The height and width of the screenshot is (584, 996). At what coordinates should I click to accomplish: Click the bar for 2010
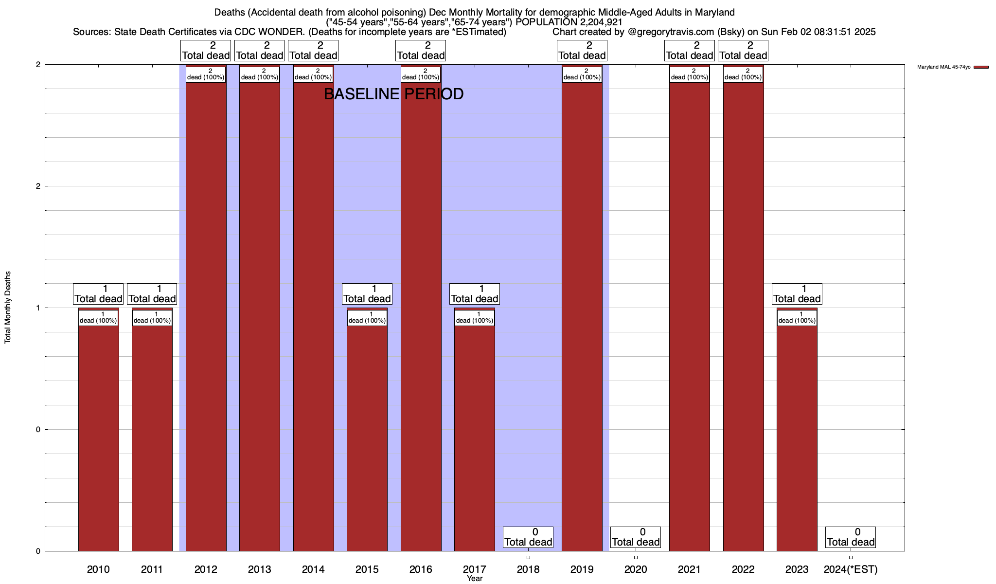(98, 438)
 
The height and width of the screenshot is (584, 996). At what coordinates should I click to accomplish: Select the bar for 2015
(367, 438)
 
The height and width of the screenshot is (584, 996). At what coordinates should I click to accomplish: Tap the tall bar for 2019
(582, 316)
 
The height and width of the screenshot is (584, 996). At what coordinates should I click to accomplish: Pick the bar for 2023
(797, 438)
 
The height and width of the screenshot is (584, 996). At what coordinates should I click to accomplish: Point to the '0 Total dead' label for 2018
(528, 537)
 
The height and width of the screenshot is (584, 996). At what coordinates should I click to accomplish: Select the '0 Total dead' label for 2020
(636, 537)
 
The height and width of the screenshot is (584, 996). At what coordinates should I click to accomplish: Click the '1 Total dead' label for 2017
(475, 294)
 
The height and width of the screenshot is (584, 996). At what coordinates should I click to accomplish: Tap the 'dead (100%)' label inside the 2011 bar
(152, 318)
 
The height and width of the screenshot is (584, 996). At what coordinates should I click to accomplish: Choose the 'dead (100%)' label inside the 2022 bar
(743, 74)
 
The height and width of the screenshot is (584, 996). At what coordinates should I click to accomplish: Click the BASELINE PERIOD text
(393, 94)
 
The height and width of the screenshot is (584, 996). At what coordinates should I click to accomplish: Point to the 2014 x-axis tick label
(313, 569)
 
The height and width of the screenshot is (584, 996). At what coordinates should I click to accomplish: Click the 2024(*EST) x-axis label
(851, 569)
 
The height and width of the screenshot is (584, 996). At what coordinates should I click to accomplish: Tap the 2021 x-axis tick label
(689, 569)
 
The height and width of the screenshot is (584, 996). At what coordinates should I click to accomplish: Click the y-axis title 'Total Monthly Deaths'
(8, 308)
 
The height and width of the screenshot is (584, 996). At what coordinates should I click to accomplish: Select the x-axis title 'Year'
(475, 578)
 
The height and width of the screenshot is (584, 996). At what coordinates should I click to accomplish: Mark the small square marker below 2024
(851, 557)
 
